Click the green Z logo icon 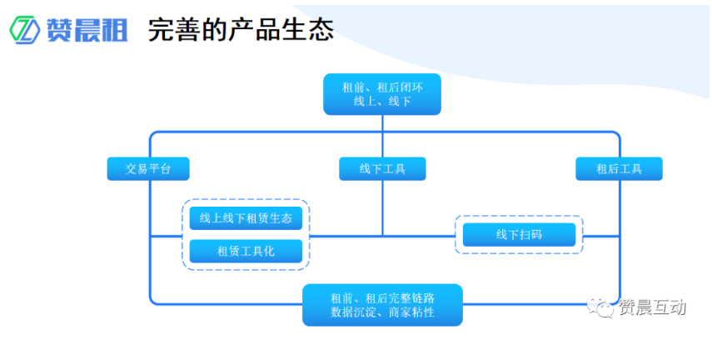click(x=25, y=30)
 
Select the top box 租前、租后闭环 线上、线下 click(x=381, y=94)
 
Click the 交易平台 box click(x=148, y=168)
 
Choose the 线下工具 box click(x=382, y=168)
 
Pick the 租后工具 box click(x=619, y=168)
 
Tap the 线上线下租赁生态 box click(x=246, y=218)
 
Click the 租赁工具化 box click(x=246, y=251)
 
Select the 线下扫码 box click(x=519, y=235)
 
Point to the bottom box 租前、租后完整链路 click(x=382, y=297)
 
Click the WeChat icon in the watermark click(x=600, y=307)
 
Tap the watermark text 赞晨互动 click(x=652, y=307)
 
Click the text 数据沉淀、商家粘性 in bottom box click(x=382, y=313)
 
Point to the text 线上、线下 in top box click(x=382, y=102)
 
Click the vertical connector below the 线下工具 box click(x=382, y=208)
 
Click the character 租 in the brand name click(x=113, y=30)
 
